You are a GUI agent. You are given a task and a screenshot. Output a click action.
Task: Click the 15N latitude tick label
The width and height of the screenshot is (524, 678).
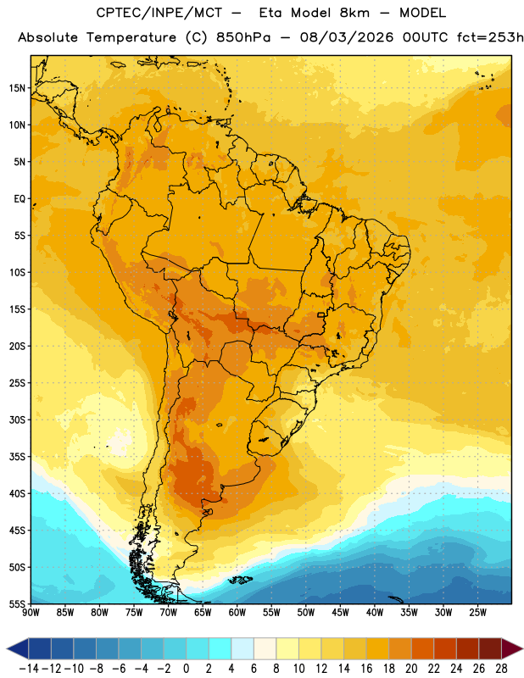coord(17,88)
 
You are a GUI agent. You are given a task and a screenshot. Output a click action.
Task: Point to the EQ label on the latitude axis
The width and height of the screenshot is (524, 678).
coord(20,199)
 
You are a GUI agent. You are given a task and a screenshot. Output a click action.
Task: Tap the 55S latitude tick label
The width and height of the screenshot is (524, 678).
coord(17,604)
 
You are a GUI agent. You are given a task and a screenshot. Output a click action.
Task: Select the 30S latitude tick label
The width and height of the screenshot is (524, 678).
coord(17,420)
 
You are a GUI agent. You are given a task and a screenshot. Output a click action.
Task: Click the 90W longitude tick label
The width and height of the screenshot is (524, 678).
coord(31,613)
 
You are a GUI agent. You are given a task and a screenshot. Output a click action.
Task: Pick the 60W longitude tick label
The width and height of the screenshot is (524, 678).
coord(237,613)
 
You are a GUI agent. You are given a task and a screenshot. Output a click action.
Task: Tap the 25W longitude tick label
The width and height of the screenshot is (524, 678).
coord(477,613)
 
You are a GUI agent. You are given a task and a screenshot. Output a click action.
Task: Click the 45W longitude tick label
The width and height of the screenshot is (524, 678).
coord(340,613)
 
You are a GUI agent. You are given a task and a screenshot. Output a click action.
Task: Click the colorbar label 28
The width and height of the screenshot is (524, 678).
coord(501,669)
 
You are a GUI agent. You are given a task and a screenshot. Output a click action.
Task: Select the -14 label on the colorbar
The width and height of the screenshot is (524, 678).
coord(29,669)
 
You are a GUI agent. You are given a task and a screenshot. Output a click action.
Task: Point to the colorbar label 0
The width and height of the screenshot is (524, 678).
coord(186,669)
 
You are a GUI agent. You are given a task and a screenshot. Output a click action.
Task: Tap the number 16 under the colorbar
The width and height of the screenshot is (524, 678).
coord(366,669)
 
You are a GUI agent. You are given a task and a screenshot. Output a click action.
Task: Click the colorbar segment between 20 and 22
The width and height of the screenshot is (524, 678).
coord(422,648)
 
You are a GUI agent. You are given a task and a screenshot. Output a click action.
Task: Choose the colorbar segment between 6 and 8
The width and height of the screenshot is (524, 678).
coord(265,648)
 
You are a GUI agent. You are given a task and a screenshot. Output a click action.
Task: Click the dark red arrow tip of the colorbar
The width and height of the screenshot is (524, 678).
coord(512,648)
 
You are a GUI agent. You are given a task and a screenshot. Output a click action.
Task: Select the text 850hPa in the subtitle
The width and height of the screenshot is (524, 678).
coord(243,37)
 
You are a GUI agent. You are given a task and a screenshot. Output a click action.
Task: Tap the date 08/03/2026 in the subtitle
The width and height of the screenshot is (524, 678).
coord(347,37)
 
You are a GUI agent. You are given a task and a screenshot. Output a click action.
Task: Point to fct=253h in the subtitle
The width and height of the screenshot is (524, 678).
coord(490,37)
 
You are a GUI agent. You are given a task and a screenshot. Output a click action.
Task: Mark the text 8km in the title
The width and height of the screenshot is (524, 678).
coord(354,13)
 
